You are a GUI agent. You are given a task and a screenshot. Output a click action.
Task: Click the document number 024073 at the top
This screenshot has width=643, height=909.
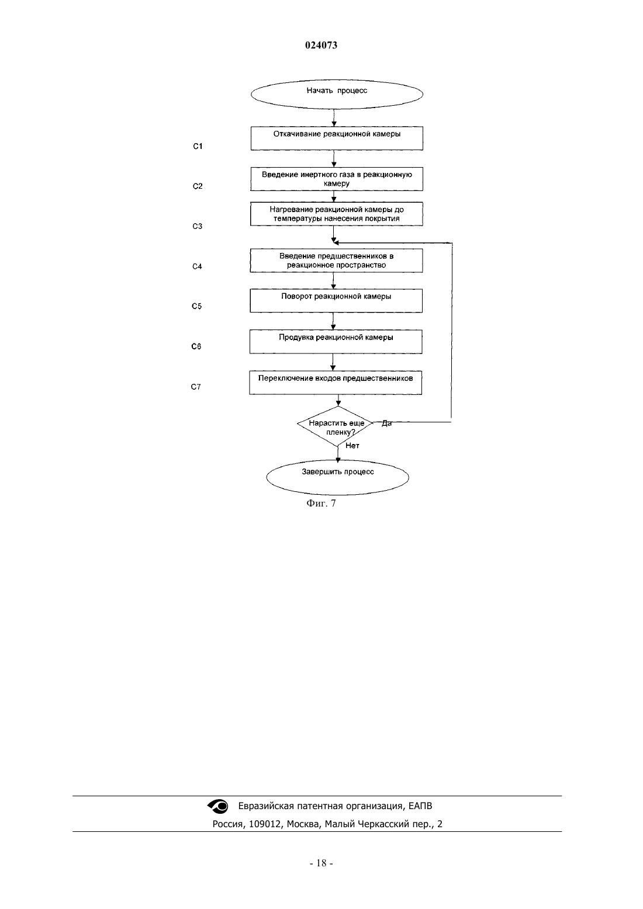[x=321, y=45]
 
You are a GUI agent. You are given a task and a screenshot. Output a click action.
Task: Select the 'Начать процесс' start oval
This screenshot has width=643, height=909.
[x=337, y=94]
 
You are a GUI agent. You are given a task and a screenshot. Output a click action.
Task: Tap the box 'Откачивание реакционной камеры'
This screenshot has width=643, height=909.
[x=337, y=138]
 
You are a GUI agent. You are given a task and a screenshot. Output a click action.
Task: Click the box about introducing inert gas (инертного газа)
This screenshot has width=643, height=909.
[x=337, y=179]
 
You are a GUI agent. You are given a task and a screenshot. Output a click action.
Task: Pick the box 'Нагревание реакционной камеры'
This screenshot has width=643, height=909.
[x=337, y=214]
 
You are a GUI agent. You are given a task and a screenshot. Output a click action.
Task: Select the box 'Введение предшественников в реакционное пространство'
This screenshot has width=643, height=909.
[x=336, y=261]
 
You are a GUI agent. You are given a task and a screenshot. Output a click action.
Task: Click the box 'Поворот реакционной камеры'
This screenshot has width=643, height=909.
[x=336, y=301]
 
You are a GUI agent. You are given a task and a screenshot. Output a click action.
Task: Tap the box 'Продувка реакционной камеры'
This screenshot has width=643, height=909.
[x=336, y=342]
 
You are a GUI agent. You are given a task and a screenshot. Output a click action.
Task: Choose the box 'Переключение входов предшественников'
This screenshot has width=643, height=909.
[x=336, y=383]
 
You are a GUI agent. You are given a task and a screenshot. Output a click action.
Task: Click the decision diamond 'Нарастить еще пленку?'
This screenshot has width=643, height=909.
[x=336, y=426]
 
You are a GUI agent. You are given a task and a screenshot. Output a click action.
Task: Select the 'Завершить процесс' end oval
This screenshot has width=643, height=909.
[x=338, y=477]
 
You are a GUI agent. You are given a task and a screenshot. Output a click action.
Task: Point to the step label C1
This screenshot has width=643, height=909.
[x=198, y=146]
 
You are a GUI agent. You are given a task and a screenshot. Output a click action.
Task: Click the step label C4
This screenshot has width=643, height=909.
[x=197, y=266]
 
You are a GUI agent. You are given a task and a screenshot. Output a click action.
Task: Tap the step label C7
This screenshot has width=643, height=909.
[x=196, y=387]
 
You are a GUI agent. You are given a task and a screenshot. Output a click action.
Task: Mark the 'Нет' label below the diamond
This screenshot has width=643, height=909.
[x=352, y=446]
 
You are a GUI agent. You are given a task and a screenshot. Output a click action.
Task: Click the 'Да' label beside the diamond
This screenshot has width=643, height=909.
[x=387, y=424]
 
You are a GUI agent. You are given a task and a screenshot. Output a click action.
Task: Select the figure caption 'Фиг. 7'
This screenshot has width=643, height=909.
[x=321, y=503]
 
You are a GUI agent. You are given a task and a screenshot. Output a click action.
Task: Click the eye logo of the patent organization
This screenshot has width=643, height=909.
[x=218, y=806]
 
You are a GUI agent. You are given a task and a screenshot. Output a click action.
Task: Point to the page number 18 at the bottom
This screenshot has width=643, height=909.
[x=321, y=863]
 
